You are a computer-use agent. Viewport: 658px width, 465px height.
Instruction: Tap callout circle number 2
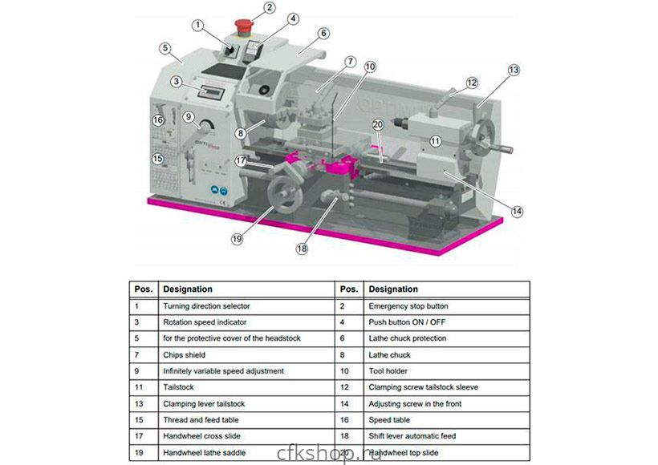(270, 8)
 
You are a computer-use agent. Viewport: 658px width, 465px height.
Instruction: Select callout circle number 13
(514, 70)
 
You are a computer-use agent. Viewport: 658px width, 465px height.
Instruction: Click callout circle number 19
(238, 237)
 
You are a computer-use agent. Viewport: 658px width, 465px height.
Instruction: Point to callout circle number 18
(302, 249)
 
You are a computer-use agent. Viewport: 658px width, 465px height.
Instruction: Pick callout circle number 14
(517, 211)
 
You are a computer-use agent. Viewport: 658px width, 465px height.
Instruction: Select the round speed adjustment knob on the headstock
(205, 128)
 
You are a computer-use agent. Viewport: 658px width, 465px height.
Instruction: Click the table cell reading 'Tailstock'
(179, 386)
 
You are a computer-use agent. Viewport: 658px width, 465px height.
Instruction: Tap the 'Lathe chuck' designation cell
(389, 354)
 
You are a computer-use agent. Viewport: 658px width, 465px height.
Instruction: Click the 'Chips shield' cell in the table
(185, 354)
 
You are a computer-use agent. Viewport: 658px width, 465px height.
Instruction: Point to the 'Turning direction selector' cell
(206, 306)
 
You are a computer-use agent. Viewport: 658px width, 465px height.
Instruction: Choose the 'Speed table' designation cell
(391, 419)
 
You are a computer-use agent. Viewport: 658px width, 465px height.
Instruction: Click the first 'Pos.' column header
(142, 289)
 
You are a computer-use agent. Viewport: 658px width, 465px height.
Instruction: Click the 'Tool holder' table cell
(388, 371)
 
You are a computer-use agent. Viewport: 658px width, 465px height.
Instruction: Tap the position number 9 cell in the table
(137, 371)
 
